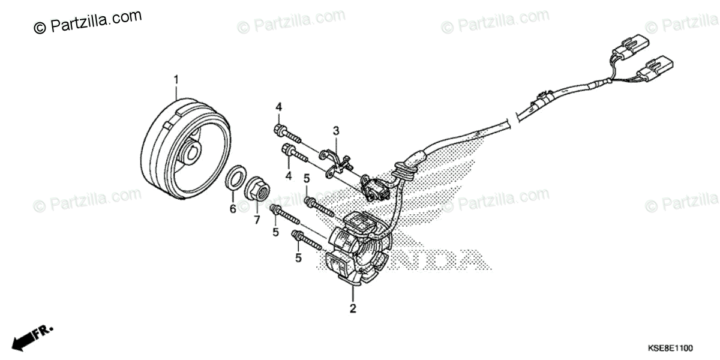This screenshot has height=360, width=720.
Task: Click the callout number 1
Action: (176, 79)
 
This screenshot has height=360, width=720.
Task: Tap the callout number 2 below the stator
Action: (353, 309)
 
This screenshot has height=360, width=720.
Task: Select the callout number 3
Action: (336, 130)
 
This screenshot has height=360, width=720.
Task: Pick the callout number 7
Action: (257, 220)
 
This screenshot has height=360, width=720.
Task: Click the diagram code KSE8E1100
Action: (670, 348)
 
